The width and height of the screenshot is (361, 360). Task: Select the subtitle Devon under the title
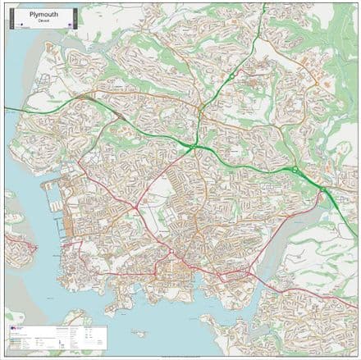tap(43, 21)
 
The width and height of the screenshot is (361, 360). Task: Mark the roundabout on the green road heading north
tap(232, 76)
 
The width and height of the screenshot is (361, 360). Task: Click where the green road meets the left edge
tap(6, 107)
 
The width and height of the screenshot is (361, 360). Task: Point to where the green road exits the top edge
tap(260, 4)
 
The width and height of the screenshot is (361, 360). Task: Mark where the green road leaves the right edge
tap(356, 215)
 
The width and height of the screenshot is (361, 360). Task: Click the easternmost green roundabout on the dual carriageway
tap(322, 190)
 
